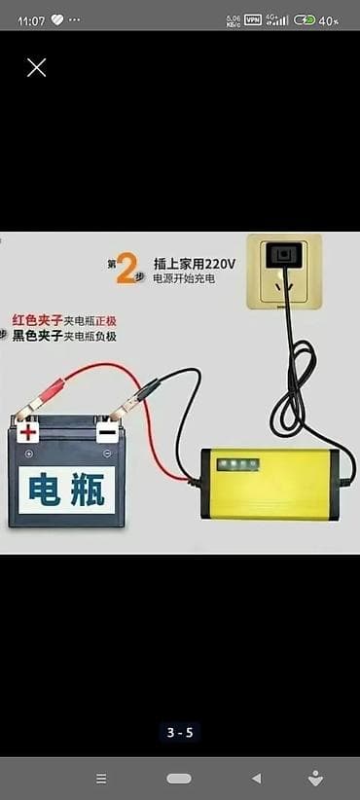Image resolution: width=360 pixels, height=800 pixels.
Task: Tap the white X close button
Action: (x=36, y=67)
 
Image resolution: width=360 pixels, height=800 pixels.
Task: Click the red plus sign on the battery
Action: (x=28, y=433)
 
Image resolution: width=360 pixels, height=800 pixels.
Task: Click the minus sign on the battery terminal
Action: (x=107, y=434)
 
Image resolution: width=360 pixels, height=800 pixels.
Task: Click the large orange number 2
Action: (x=125, y=270)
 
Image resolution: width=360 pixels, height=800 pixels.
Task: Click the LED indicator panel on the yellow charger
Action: (x=238, y=464)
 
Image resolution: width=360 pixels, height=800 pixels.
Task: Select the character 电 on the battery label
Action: (x=44, y=490)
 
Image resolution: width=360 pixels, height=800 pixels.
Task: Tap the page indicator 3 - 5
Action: (x=180, y=733)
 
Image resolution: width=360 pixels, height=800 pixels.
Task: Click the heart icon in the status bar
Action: (x=57, y=20)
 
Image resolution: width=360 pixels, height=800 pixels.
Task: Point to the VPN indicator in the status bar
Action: (x=253, y=20)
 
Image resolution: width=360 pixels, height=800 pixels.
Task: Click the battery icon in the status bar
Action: (x=305, y=20)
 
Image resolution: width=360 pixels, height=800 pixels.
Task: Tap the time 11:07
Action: (x=31, y=20)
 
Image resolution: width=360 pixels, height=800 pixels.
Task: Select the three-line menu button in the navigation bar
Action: (x=101, y=779)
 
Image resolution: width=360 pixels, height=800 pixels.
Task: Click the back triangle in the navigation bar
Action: (x=257, y=779)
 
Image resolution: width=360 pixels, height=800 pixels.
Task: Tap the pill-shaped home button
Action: (x=179, y=779)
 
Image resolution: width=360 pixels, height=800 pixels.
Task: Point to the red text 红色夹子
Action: (x=37, y=321)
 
